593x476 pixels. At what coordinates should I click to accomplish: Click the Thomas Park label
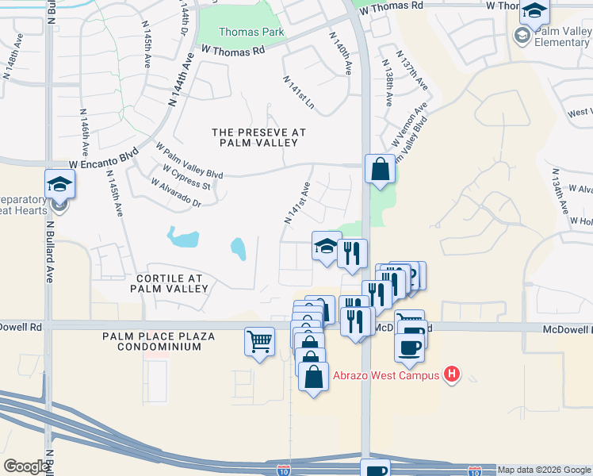(x=240, y=33)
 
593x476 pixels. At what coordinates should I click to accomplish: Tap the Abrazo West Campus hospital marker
(x=452, y=374)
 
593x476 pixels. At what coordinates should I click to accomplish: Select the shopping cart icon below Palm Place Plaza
(x=260, y=343)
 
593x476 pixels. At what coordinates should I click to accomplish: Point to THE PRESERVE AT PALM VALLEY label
(x=258, y=136)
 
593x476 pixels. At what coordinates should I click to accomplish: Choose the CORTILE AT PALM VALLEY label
(x=170, y=284)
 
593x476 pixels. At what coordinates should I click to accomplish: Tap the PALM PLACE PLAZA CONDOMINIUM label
(x=159, y=341)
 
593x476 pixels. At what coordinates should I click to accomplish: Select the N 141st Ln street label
(x=299, y=93)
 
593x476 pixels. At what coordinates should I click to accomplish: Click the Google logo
(x=27, y=466)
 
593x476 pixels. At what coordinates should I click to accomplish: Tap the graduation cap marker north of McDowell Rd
(x=326, y=247)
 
